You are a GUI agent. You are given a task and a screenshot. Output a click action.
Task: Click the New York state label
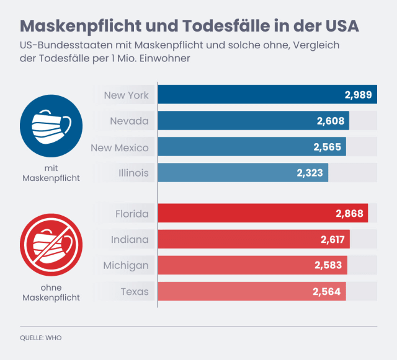tap(126, 95)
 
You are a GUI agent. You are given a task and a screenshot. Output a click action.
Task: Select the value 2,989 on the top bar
tap(358, 95)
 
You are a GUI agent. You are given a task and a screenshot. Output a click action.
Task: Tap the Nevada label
tap(129, 121)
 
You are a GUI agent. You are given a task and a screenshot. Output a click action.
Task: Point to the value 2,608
tap(330, 121)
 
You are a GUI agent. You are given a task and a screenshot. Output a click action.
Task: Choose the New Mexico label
tap(120, 147)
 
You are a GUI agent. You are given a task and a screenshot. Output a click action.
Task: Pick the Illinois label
tap(133, 173)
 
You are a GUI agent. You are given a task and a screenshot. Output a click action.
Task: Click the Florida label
tap(132, 214)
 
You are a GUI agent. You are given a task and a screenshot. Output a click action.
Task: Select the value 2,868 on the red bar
tap(349, 214)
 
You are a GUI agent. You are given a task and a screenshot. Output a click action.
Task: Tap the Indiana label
tap(130, 239)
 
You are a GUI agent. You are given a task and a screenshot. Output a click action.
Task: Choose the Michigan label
tap(126, 265)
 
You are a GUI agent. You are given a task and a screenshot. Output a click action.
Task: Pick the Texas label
tap(135, 291)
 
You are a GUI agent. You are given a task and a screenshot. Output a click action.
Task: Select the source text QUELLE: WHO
tap(41, 338)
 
